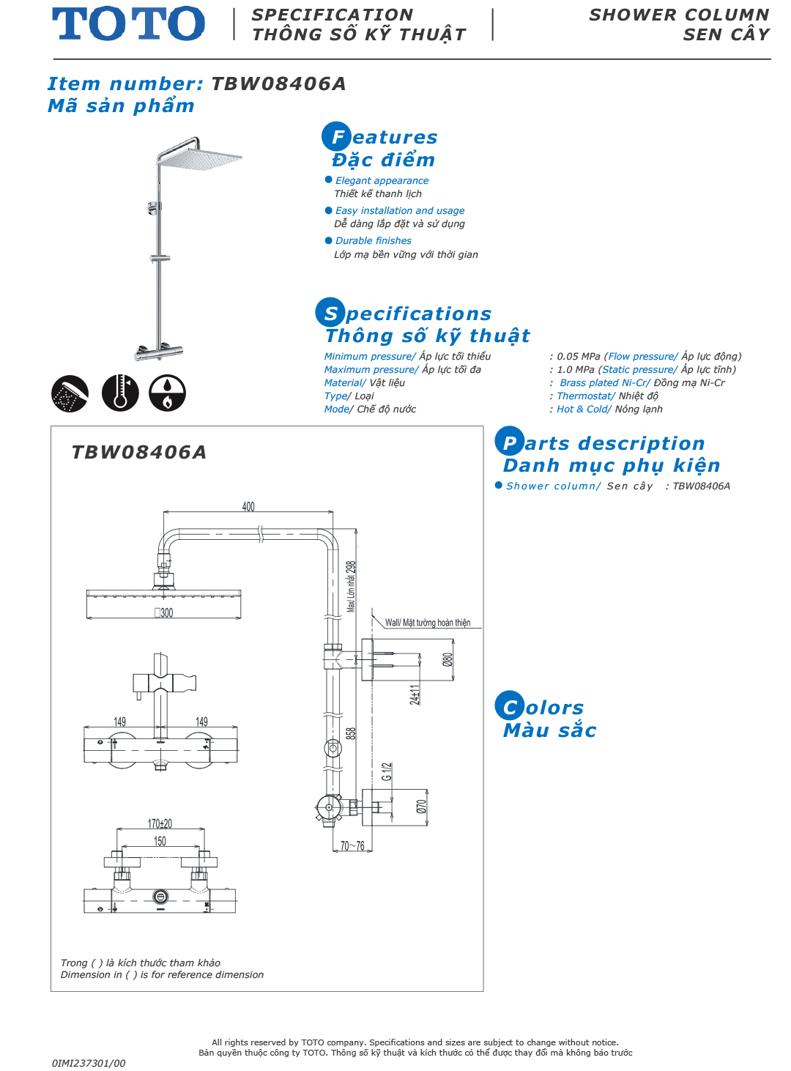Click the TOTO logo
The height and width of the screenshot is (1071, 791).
(x=128, y=23)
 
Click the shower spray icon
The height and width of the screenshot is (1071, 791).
(x=70, y=393)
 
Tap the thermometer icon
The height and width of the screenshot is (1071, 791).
(x=120, y=393)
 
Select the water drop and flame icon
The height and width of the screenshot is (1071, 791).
(x=168, y=393)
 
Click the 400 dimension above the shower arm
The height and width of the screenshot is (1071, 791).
(x=248, y=507)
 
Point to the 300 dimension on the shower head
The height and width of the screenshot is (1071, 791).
(x=165, y=613)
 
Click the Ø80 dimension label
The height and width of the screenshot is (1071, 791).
(x=448, y=659)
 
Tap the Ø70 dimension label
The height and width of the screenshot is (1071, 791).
(x=421, y=807)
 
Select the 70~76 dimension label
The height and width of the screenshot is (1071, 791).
(x=352, y=846)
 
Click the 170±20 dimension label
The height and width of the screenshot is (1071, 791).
(x=160, y=824)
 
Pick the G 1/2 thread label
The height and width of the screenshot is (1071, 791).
(x=387, y=771)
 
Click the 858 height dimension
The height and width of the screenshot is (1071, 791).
(x=352, y=733)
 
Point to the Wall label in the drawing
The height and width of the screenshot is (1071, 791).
(x=428, y=623)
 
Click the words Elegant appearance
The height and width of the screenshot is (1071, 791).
(x=382, y=181)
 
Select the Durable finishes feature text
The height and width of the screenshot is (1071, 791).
(x=373, y=241)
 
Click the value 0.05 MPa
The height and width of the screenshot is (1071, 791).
(x=578, y=357)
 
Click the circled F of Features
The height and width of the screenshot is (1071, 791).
(x=337, y=137)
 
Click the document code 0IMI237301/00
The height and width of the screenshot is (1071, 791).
(x=89, y=1063)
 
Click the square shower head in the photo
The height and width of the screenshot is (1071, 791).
(x=200, y=157)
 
